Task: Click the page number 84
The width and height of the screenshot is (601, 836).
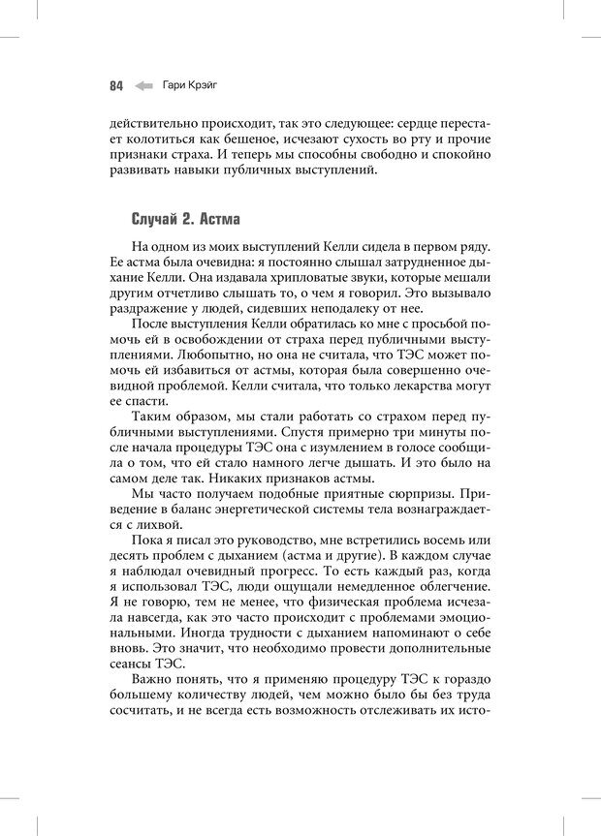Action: click(x=115, y=85)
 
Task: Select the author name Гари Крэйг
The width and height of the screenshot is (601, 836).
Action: click(x=190, y=85)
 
